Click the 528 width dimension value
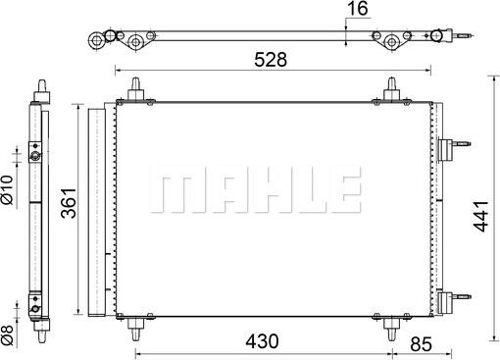271,60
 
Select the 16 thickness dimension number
358,9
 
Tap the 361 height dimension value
69,203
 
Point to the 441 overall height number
480,217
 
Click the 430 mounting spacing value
262,341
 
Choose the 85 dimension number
421,344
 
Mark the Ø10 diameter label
7,189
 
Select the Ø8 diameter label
7,335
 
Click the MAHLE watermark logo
256,189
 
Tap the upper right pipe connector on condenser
454,144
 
